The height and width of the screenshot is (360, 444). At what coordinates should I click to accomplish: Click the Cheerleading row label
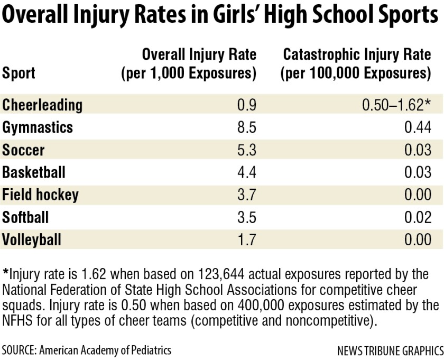[42, 105]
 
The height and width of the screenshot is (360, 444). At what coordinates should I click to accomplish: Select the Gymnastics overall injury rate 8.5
[246, 127]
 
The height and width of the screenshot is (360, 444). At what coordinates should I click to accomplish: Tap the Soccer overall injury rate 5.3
[246, 150]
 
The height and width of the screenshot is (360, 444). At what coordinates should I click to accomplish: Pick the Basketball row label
[34, 172]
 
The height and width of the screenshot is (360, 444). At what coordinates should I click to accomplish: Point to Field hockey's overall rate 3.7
[246, 195]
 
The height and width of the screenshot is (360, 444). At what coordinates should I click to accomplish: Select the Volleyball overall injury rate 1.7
[246, 240]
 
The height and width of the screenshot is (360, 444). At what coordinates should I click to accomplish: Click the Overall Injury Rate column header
[189, 63]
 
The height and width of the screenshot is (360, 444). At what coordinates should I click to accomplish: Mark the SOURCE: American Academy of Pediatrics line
[87, 350]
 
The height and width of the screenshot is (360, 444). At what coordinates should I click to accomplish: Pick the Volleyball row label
[32, 240]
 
